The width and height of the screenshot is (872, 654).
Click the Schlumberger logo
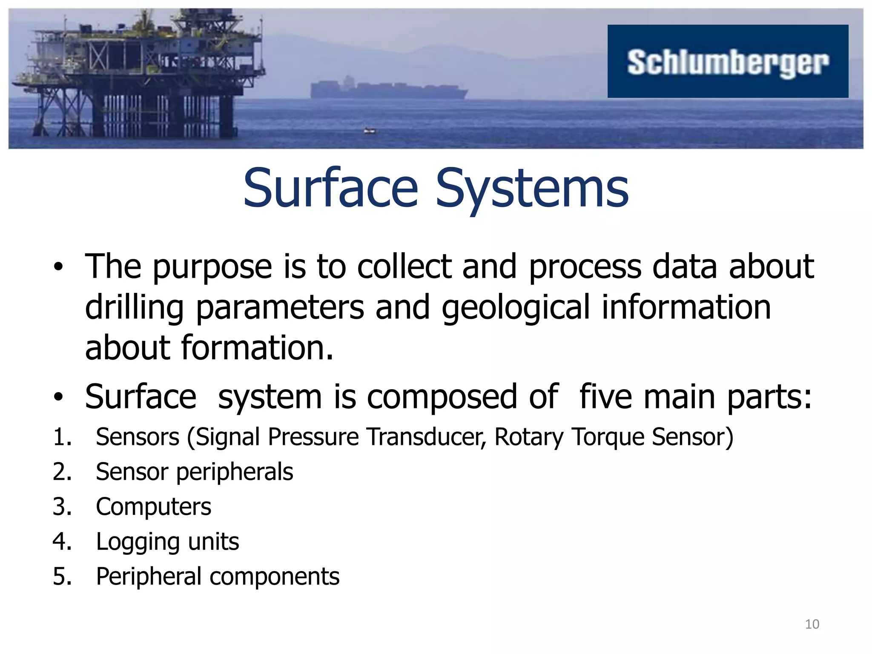[728, 62]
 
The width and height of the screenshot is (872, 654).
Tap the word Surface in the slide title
[330, 188]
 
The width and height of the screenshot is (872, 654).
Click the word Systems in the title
[532, 188]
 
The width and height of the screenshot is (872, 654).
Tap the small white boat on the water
[370, 131]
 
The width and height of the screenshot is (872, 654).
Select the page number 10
[812, 624]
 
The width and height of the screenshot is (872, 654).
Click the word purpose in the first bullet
[212, 267]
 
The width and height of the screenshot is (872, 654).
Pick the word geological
[516, 308]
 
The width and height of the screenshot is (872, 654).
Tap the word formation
[257, 348]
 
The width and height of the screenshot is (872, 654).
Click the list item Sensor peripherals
[195, 472]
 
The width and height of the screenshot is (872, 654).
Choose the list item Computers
[153, 507]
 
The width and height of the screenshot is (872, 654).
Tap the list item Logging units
[167, 542]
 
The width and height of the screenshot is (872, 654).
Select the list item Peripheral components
[218, 577]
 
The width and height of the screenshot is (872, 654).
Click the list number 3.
[62, 507]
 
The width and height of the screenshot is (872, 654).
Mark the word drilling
[134, 308]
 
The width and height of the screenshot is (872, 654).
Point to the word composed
[441, 397]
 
